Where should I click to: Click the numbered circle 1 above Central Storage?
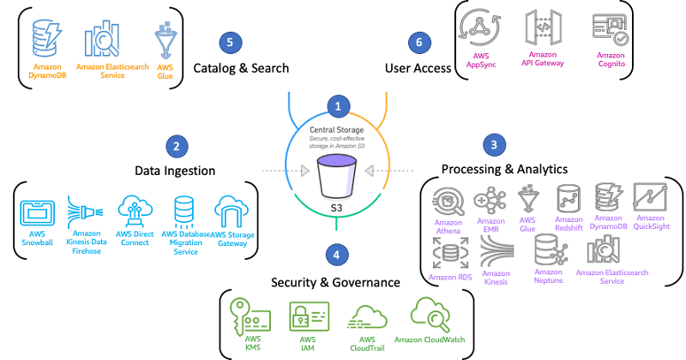click(339, 105)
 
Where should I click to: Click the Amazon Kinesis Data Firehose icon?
click(84, 212)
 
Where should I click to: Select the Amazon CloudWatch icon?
click(430, 315)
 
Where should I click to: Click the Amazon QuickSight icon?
click(649, 200)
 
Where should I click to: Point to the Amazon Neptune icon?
click(550, 249)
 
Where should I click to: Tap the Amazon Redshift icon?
click(569, 201)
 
